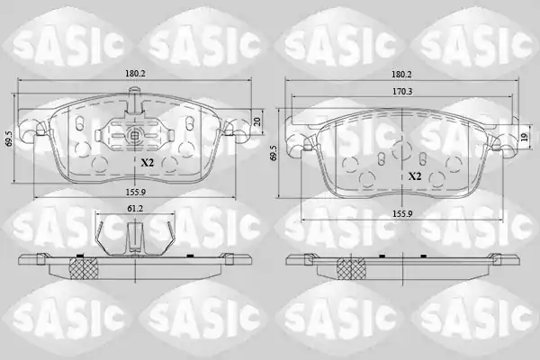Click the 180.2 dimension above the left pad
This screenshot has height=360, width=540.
point(135,74)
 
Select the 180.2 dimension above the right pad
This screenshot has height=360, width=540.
point(402,74)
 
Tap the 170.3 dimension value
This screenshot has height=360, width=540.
point(403,91)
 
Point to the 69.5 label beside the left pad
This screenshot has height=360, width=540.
point(9,138)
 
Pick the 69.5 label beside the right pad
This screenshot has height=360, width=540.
point(274,153)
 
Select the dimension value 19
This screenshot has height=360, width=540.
point(524,138)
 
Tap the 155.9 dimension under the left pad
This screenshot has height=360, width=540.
point(135,193)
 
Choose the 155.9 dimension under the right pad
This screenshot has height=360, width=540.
point(402,213)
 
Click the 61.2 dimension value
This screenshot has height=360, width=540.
point(135,208)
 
